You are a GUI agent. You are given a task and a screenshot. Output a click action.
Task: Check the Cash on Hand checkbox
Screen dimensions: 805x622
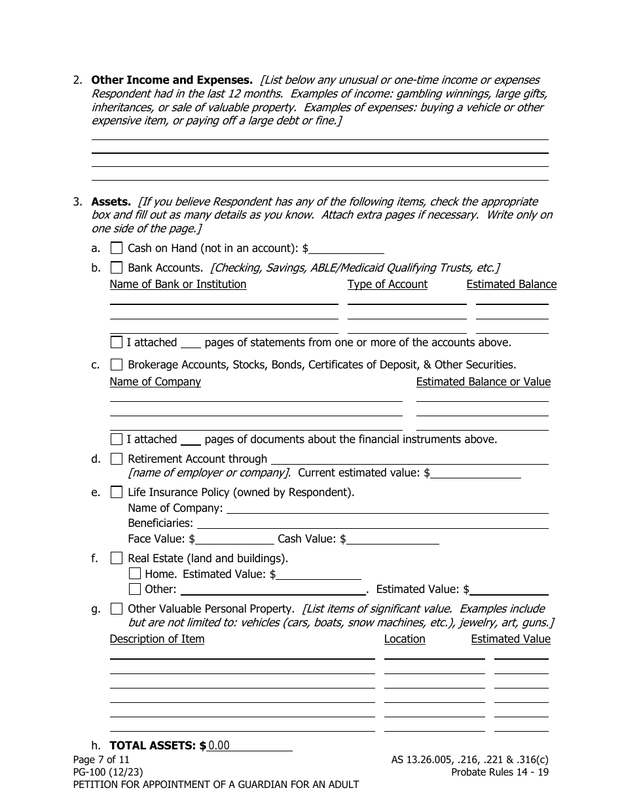[x=117, y=248]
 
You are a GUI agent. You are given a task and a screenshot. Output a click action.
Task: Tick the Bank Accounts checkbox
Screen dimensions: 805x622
[x=117, y=267]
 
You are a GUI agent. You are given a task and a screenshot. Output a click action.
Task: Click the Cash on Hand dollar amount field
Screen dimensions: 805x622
[x=347, y=249]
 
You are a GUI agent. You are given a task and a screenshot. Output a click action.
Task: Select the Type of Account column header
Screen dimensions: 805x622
[x=387, y=284]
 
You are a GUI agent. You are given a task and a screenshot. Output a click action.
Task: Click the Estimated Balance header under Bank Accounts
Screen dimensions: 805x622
[x=511, y=284]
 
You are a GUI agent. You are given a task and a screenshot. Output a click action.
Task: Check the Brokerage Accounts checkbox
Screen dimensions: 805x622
[x=117, y=365]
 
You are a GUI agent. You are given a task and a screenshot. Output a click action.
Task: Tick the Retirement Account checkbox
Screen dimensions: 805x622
[x=117, y=459]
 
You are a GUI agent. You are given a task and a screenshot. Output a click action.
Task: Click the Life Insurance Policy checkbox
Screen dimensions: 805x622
[x=117, y=492]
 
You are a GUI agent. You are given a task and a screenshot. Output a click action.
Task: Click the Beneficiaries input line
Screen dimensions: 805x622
[x=372, y=523]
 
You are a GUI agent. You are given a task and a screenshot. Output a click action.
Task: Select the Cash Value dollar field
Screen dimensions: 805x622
[x=393, y=539]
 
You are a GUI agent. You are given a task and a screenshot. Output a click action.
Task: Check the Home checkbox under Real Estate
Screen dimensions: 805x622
[x=135, y=573]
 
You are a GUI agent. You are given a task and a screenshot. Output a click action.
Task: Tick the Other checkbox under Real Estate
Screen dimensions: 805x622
[x=135, y=588]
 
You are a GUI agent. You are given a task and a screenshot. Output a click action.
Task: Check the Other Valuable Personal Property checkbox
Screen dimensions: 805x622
[x=117, y=609]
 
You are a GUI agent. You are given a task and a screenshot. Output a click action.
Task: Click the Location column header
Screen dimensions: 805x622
[x=405, y=639]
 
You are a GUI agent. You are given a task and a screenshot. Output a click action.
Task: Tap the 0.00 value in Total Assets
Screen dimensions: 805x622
[x=219, y=745]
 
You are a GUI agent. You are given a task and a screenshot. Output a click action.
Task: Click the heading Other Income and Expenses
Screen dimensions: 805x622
[x=172, y=80]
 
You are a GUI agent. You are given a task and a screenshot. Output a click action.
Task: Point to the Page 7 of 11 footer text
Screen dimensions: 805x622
[x=101, y=760]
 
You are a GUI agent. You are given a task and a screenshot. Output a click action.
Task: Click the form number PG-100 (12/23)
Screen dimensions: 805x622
[x=108, y=772]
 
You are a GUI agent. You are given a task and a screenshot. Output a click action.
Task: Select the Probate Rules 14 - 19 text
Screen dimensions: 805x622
[x=500, y=772]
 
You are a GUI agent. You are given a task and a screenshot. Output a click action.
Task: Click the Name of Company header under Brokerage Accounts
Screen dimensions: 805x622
[x=155, y=382]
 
